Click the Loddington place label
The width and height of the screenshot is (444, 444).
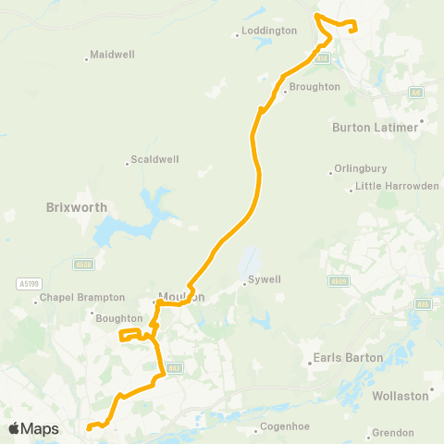point(269,31)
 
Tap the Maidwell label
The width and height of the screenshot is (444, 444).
point(112,55)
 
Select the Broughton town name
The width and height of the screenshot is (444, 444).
point(314,87)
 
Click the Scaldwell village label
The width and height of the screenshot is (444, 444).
point(154,159)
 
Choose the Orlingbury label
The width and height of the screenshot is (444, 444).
point(359,170)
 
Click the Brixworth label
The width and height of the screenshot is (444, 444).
point(77,208)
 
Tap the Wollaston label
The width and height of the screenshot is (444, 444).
point(401,395)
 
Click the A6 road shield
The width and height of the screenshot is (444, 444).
point(416,92)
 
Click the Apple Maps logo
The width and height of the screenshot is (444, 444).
point(33,428)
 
